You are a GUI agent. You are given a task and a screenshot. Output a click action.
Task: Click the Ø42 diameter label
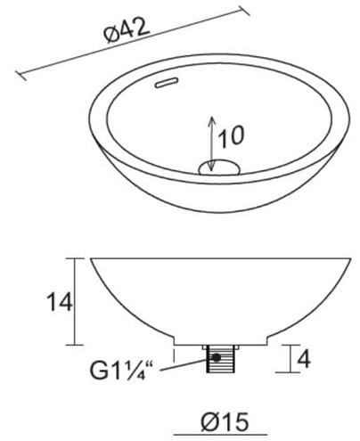[127, 31]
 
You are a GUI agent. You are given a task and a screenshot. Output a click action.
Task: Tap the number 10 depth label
[231, 136]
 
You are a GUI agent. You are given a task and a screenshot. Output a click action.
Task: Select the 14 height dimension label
[60, 302]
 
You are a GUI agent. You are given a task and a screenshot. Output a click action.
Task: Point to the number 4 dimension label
[304, 359]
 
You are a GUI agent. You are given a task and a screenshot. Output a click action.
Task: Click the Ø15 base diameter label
[225, 421]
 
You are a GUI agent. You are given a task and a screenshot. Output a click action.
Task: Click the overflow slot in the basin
[167, 82]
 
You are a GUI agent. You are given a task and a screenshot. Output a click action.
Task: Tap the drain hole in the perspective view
[219, 167]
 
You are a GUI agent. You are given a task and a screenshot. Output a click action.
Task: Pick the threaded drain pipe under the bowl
[220, 358]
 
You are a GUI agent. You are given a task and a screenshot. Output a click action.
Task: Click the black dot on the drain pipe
[217, 357]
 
